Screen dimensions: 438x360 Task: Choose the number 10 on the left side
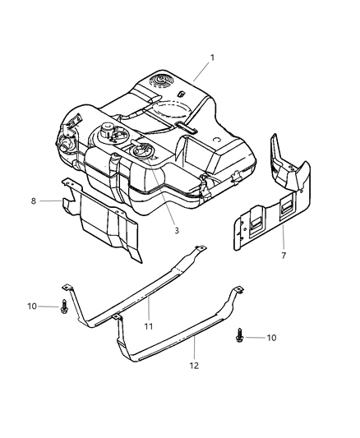point(32,307)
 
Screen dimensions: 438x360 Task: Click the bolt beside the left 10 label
point(64,308)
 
